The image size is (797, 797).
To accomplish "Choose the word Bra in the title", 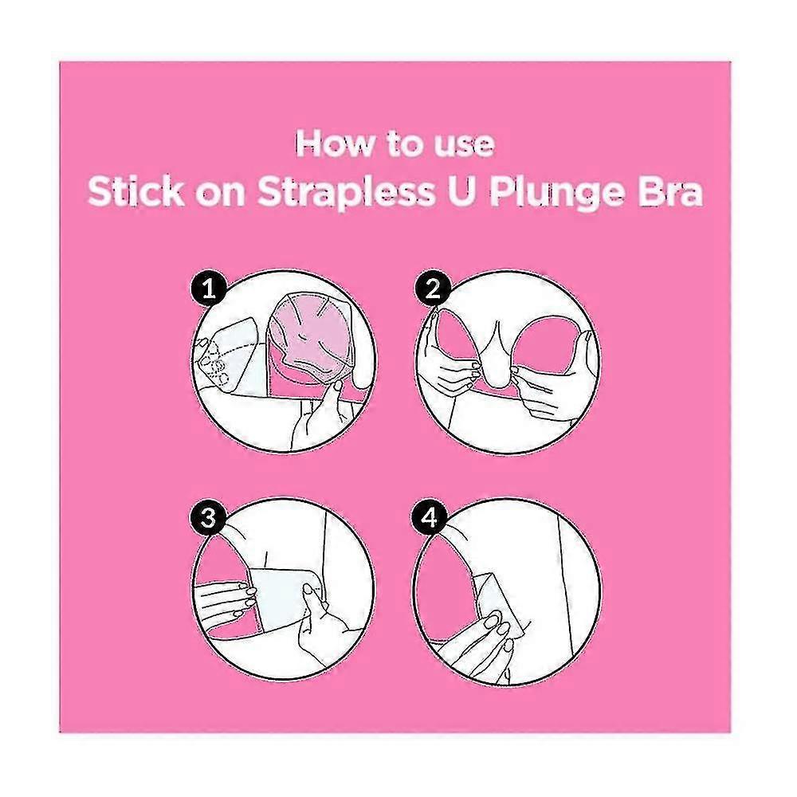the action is (x=670, y=192).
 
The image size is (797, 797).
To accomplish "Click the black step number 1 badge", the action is (x=208, y=289).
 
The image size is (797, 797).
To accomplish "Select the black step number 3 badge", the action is (x=208, y=519).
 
